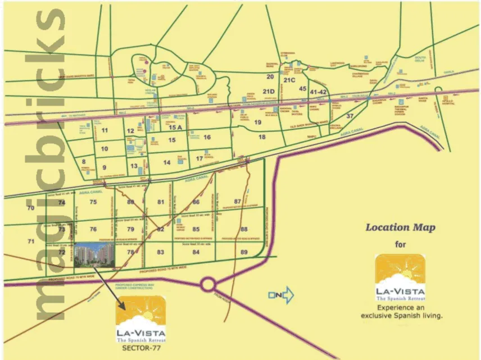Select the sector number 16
(207, 137)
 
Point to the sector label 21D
(269, 92)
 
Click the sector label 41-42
(318, 92)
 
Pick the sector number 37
(350, 116)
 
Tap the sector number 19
(258, 122)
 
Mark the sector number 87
(237, 201)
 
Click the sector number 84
(196, 252)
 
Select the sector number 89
(243, 252)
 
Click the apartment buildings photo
(94, 257)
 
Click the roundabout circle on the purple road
(207, 285)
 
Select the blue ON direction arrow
(281, 294)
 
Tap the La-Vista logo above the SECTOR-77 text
(140, 319)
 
